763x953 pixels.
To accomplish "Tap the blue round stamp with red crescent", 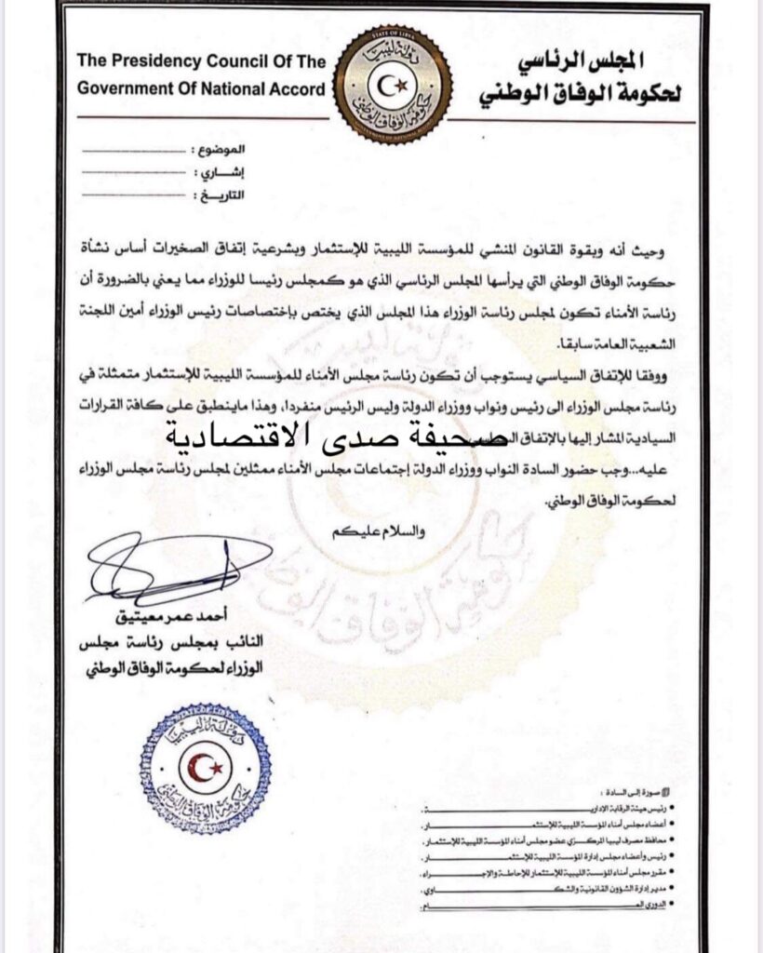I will pyautogui.click(x=206, y=769).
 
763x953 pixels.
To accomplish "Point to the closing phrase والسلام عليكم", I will pyautogui.click(x=371, y=531).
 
